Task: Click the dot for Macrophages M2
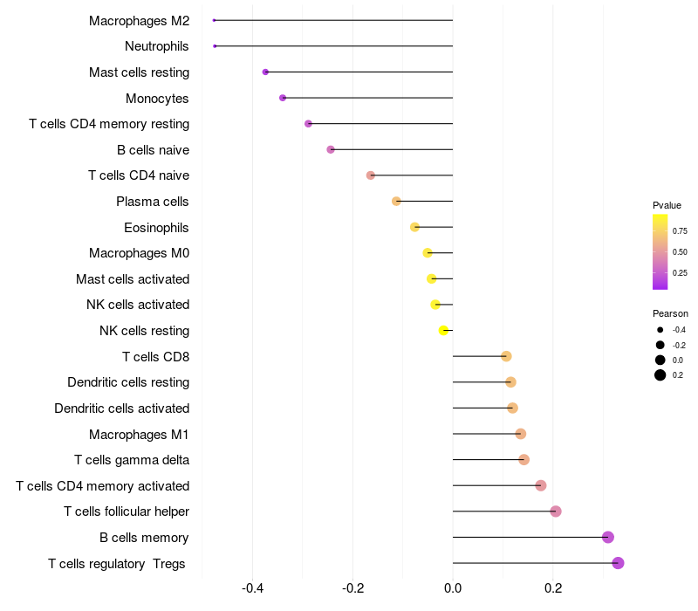click(x=214, y=20)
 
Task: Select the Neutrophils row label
click(x=157, y=46)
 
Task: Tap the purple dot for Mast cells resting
click(x=265, y=72)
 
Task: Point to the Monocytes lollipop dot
click(x=283, y=98)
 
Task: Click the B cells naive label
click(x=154, y=150)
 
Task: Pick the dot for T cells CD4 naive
click(x=370, y=175)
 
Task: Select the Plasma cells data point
click(x=396, y=202)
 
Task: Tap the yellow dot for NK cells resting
click(x=443, y=331)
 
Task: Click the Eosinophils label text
click(x=156, y=228)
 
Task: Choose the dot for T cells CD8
click(x=506, y=356)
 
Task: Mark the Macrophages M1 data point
click(x=520, y=434)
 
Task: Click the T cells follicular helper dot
click(x=556, y=511)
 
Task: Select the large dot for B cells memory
click(x=608, y=537)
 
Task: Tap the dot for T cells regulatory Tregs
click(x=618, y=563)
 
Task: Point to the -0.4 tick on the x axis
click(x=252, y=588)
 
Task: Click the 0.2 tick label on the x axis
click(x=553, y=588)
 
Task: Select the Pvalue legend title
click(x=667, y=205)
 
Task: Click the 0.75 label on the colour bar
click(x=680, y=230)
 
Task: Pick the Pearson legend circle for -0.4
click(x=660, y=330)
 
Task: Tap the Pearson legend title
click(x=670, y=313)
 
